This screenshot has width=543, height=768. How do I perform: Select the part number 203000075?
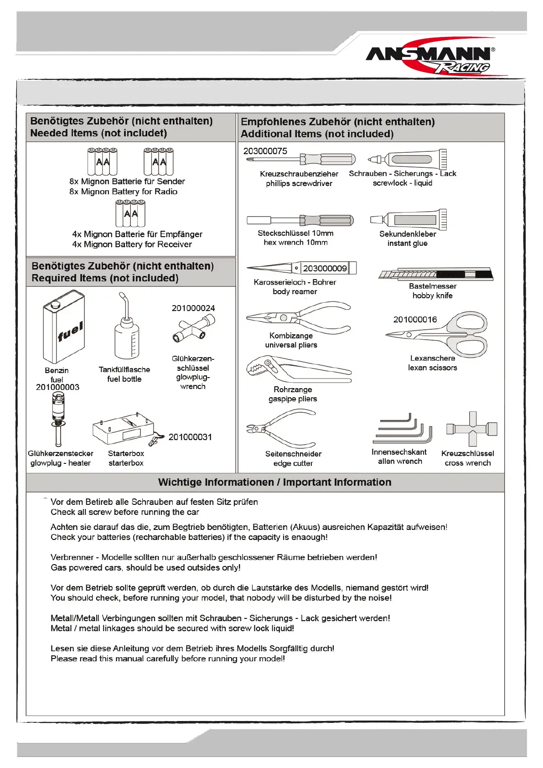pyautogui.click(x=265, y=151)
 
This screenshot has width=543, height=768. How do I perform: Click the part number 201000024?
pyautogui.click(x=193, y=308)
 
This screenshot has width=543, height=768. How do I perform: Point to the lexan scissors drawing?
pyautogui.click(x=445, y=334)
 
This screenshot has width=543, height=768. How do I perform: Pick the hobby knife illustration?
pyautogui.click(x=435, y=274)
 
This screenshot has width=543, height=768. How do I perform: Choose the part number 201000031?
pyautogui.click(x=190, y=437)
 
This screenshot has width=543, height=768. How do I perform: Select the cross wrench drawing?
pyautogui.click(x=472, y=429)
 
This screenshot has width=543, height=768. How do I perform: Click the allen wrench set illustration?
pyautogui.click(x=403, y=429)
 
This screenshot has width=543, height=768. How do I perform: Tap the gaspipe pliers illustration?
pyautogui.click(x=296, y=368)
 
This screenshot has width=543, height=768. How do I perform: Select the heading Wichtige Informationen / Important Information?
pyautogui.click(x=274, y=483)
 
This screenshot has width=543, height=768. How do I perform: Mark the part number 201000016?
pyautogui.click(x=415, y=320)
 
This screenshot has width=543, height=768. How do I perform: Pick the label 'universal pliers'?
pyautogui.click(x=291, y=345)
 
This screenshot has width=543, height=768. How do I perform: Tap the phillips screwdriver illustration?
pyautogui.click(x=301, y=160)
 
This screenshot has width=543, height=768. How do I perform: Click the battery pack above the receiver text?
pyautogui.click(x=130, y=214)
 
